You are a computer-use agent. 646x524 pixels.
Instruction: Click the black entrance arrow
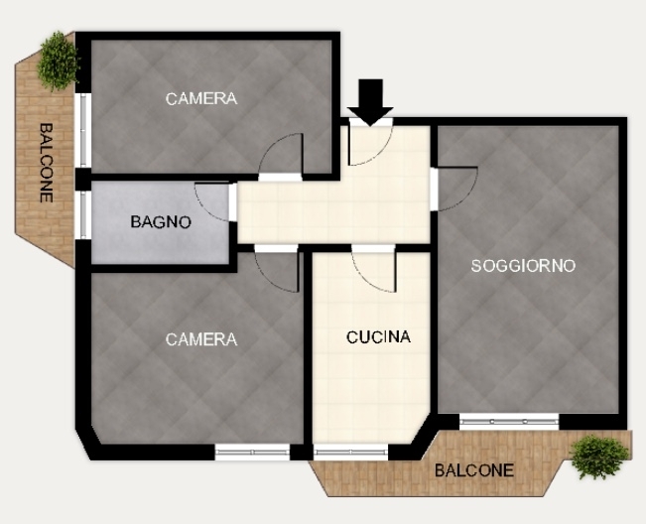[x=370, y=102]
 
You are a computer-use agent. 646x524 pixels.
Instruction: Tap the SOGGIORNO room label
[x=523, y=266]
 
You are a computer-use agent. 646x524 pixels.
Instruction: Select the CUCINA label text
[x=379, y=337]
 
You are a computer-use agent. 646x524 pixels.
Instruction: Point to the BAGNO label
[x=161, y=222]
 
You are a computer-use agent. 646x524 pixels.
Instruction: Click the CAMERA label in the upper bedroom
[x=201, y=99]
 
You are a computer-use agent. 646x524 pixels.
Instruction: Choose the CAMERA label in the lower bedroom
[x=201, y=339]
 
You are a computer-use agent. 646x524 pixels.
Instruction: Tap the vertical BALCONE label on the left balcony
[x=46, y=163]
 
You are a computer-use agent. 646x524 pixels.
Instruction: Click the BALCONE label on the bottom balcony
[x=474, y=470]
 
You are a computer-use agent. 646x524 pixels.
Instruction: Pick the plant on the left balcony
[x=59, y=61]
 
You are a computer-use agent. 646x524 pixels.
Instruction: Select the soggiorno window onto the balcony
[x=509, y=422]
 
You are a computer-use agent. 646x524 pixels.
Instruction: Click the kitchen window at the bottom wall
[x=350, y=453]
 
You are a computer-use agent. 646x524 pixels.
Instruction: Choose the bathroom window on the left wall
[x=82, y=214]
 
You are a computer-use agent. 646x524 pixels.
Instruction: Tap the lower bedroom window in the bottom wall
[x=253, y=452]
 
